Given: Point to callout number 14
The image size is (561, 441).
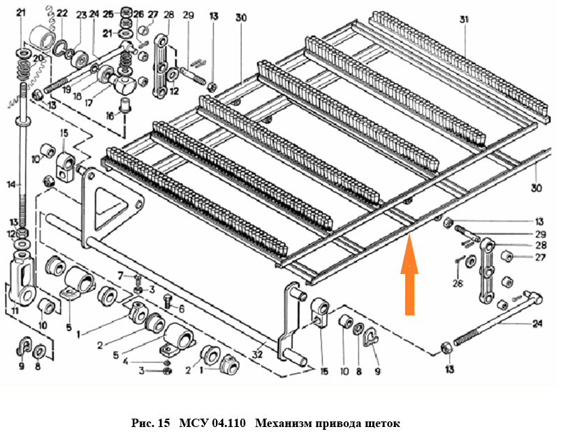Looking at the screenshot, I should (x=10, y=185).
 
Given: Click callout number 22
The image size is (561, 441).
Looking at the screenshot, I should (x=63, y=13).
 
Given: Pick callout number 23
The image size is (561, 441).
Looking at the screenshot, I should (x=82, y=15).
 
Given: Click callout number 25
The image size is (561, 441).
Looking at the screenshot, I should (x=108, y=14).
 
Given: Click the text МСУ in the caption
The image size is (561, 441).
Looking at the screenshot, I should (x=191, y=424).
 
